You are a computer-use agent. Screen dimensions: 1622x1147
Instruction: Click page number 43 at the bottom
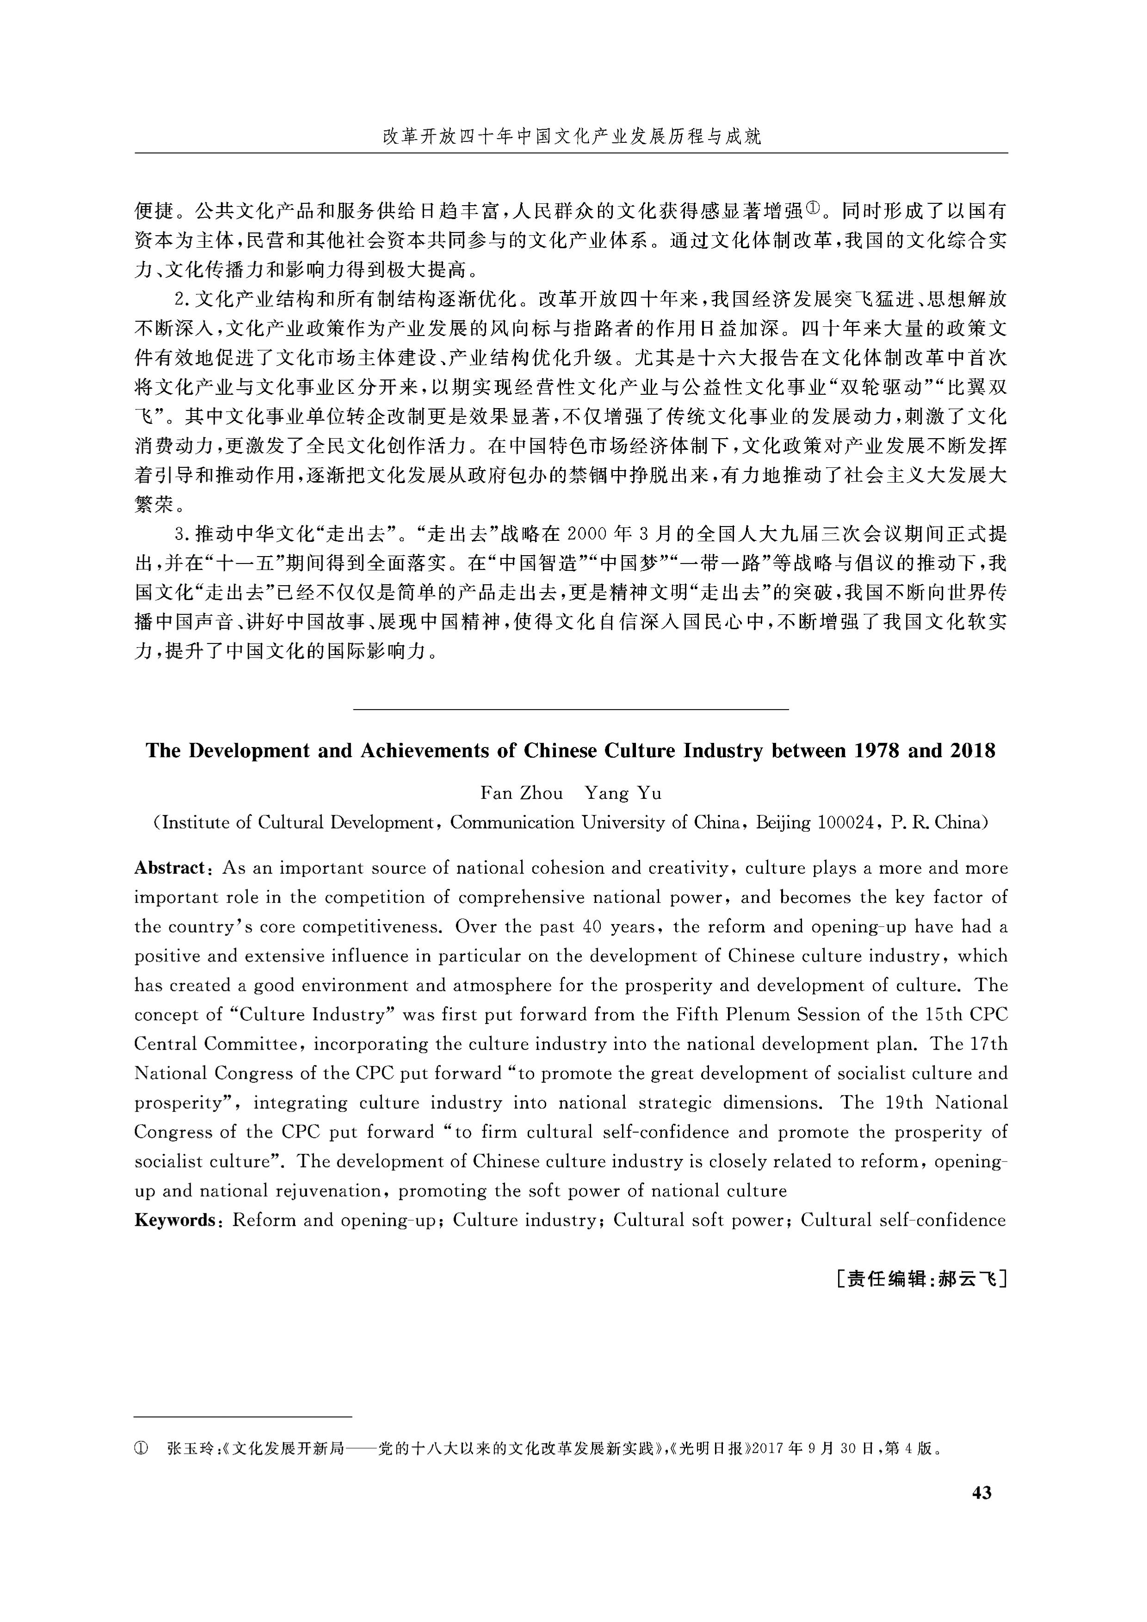(981, 1493)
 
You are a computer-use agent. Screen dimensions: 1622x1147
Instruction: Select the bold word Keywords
(174, 1220)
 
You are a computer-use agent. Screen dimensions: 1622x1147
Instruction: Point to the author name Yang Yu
(623, 793)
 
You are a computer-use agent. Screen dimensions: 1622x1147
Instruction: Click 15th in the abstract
(943, 1015)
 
